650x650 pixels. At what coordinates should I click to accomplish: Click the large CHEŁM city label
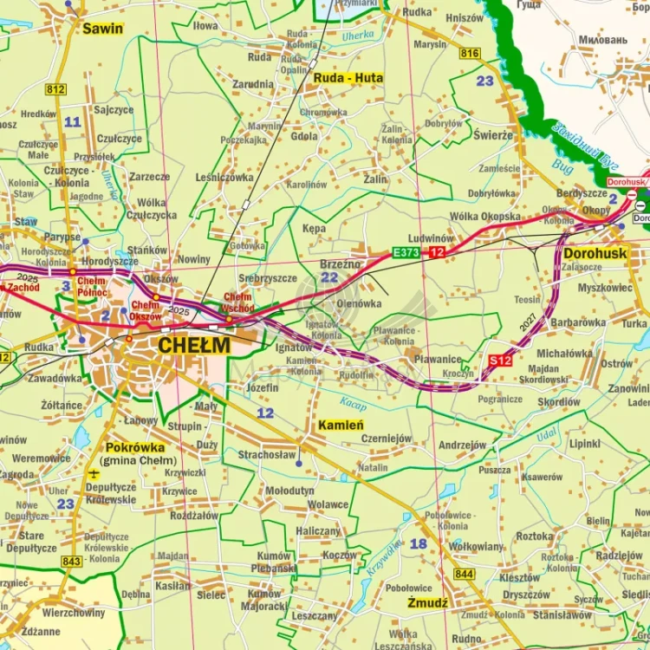(x=194, y=346)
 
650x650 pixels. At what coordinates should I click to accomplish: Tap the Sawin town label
(x=102, y=29)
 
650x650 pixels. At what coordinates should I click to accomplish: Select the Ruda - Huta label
(x=348, y=78)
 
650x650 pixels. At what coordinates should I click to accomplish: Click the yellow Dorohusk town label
(x=595, y=254)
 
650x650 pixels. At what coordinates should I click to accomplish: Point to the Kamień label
(x=341, y=425)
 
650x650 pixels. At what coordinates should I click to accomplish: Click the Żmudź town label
(x=427, y=602)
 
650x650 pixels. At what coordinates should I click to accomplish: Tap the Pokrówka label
(x=135, y=447)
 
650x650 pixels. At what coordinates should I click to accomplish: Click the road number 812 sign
(x=55, y=89)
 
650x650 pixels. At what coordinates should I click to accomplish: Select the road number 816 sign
(x=470, y=54)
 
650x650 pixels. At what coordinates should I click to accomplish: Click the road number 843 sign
(x=72, y=562)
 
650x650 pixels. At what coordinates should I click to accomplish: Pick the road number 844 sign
(x=464, y=574)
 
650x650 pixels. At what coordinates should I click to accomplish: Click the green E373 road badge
(x=406, y=252)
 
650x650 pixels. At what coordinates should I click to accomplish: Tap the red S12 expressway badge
(x=499, y=360)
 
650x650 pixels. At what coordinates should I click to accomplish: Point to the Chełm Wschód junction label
(x=238, y=302)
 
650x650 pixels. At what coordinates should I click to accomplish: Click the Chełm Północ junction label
(x=91, y=287)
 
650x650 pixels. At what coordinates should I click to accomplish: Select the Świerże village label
(x=493, y=134)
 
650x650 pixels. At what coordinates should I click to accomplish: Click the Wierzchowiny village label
(x=74, y=612)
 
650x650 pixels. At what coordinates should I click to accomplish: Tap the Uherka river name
(x=356, y=36)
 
